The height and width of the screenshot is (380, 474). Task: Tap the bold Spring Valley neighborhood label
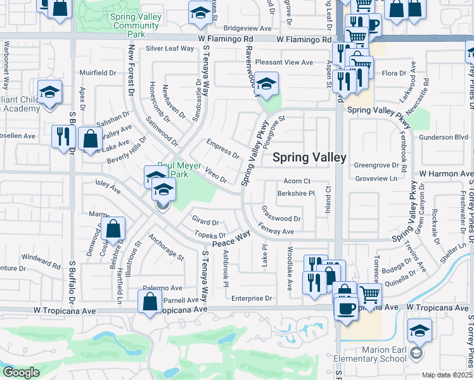[309, 158]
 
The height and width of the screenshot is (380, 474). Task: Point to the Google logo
[21, 372]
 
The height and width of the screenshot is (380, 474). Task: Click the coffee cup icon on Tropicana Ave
[345, 309]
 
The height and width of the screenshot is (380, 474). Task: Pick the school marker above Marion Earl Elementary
[419, 331]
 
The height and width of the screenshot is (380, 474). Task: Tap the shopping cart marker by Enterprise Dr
[370, 294]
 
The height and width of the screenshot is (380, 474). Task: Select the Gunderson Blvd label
[443, 137]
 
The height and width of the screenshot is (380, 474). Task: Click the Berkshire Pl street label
[296, 194]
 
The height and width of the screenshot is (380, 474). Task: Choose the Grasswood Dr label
[281, 219]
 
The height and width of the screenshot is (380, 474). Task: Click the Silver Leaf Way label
[170, 48]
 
